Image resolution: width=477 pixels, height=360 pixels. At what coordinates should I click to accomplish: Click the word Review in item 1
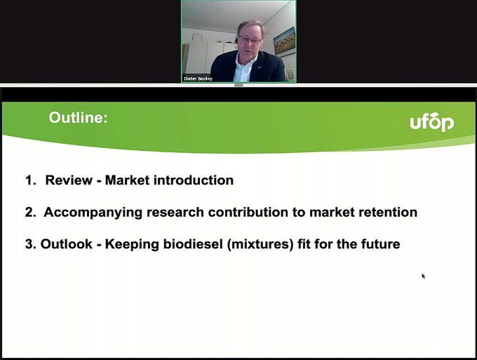69,180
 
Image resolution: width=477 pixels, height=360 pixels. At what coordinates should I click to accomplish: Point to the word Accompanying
93,213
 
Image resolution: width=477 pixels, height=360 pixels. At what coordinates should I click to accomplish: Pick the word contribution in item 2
248,212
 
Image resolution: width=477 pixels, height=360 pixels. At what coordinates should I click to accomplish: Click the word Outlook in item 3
67,244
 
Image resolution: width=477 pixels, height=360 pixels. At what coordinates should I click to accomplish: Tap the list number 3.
30,244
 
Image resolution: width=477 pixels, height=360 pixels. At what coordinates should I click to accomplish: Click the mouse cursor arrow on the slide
424,276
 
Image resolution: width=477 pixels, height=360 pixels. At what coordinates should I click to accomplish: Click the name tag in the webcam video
198,79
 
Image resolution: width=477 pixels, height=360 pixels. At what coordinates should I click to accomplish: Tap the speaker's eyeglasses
250,39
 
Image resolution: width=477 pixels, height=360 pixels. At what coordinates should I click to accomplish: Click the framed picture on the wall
284,42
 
